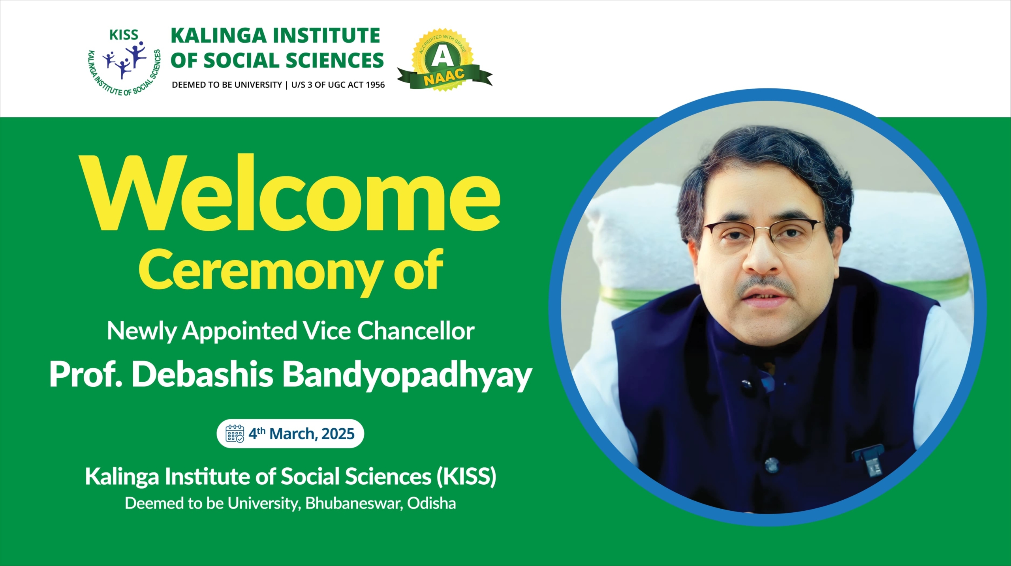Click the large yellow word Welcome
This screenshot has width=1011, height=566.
[x=289, y=193]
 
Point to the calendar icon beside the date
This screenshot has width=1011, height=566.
[x=235, y=433]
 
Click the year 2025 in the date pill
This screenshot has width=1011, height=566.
[x=338, y=434]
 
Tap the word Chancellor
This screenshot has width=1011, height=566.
[x=416, y=331]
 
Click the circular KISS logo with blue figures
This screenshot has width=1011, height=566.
[x=124, y=62]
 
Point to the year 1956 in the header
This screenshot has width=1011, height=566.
[x=375, y=85]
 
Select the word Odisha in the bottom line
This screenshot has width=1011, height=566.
[x=432, y=503]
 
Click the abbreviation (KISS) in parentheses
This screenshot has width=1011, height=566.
[x=466, y=476]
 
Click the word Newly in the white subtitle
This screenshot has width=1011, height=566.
[x=141, y=331]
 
